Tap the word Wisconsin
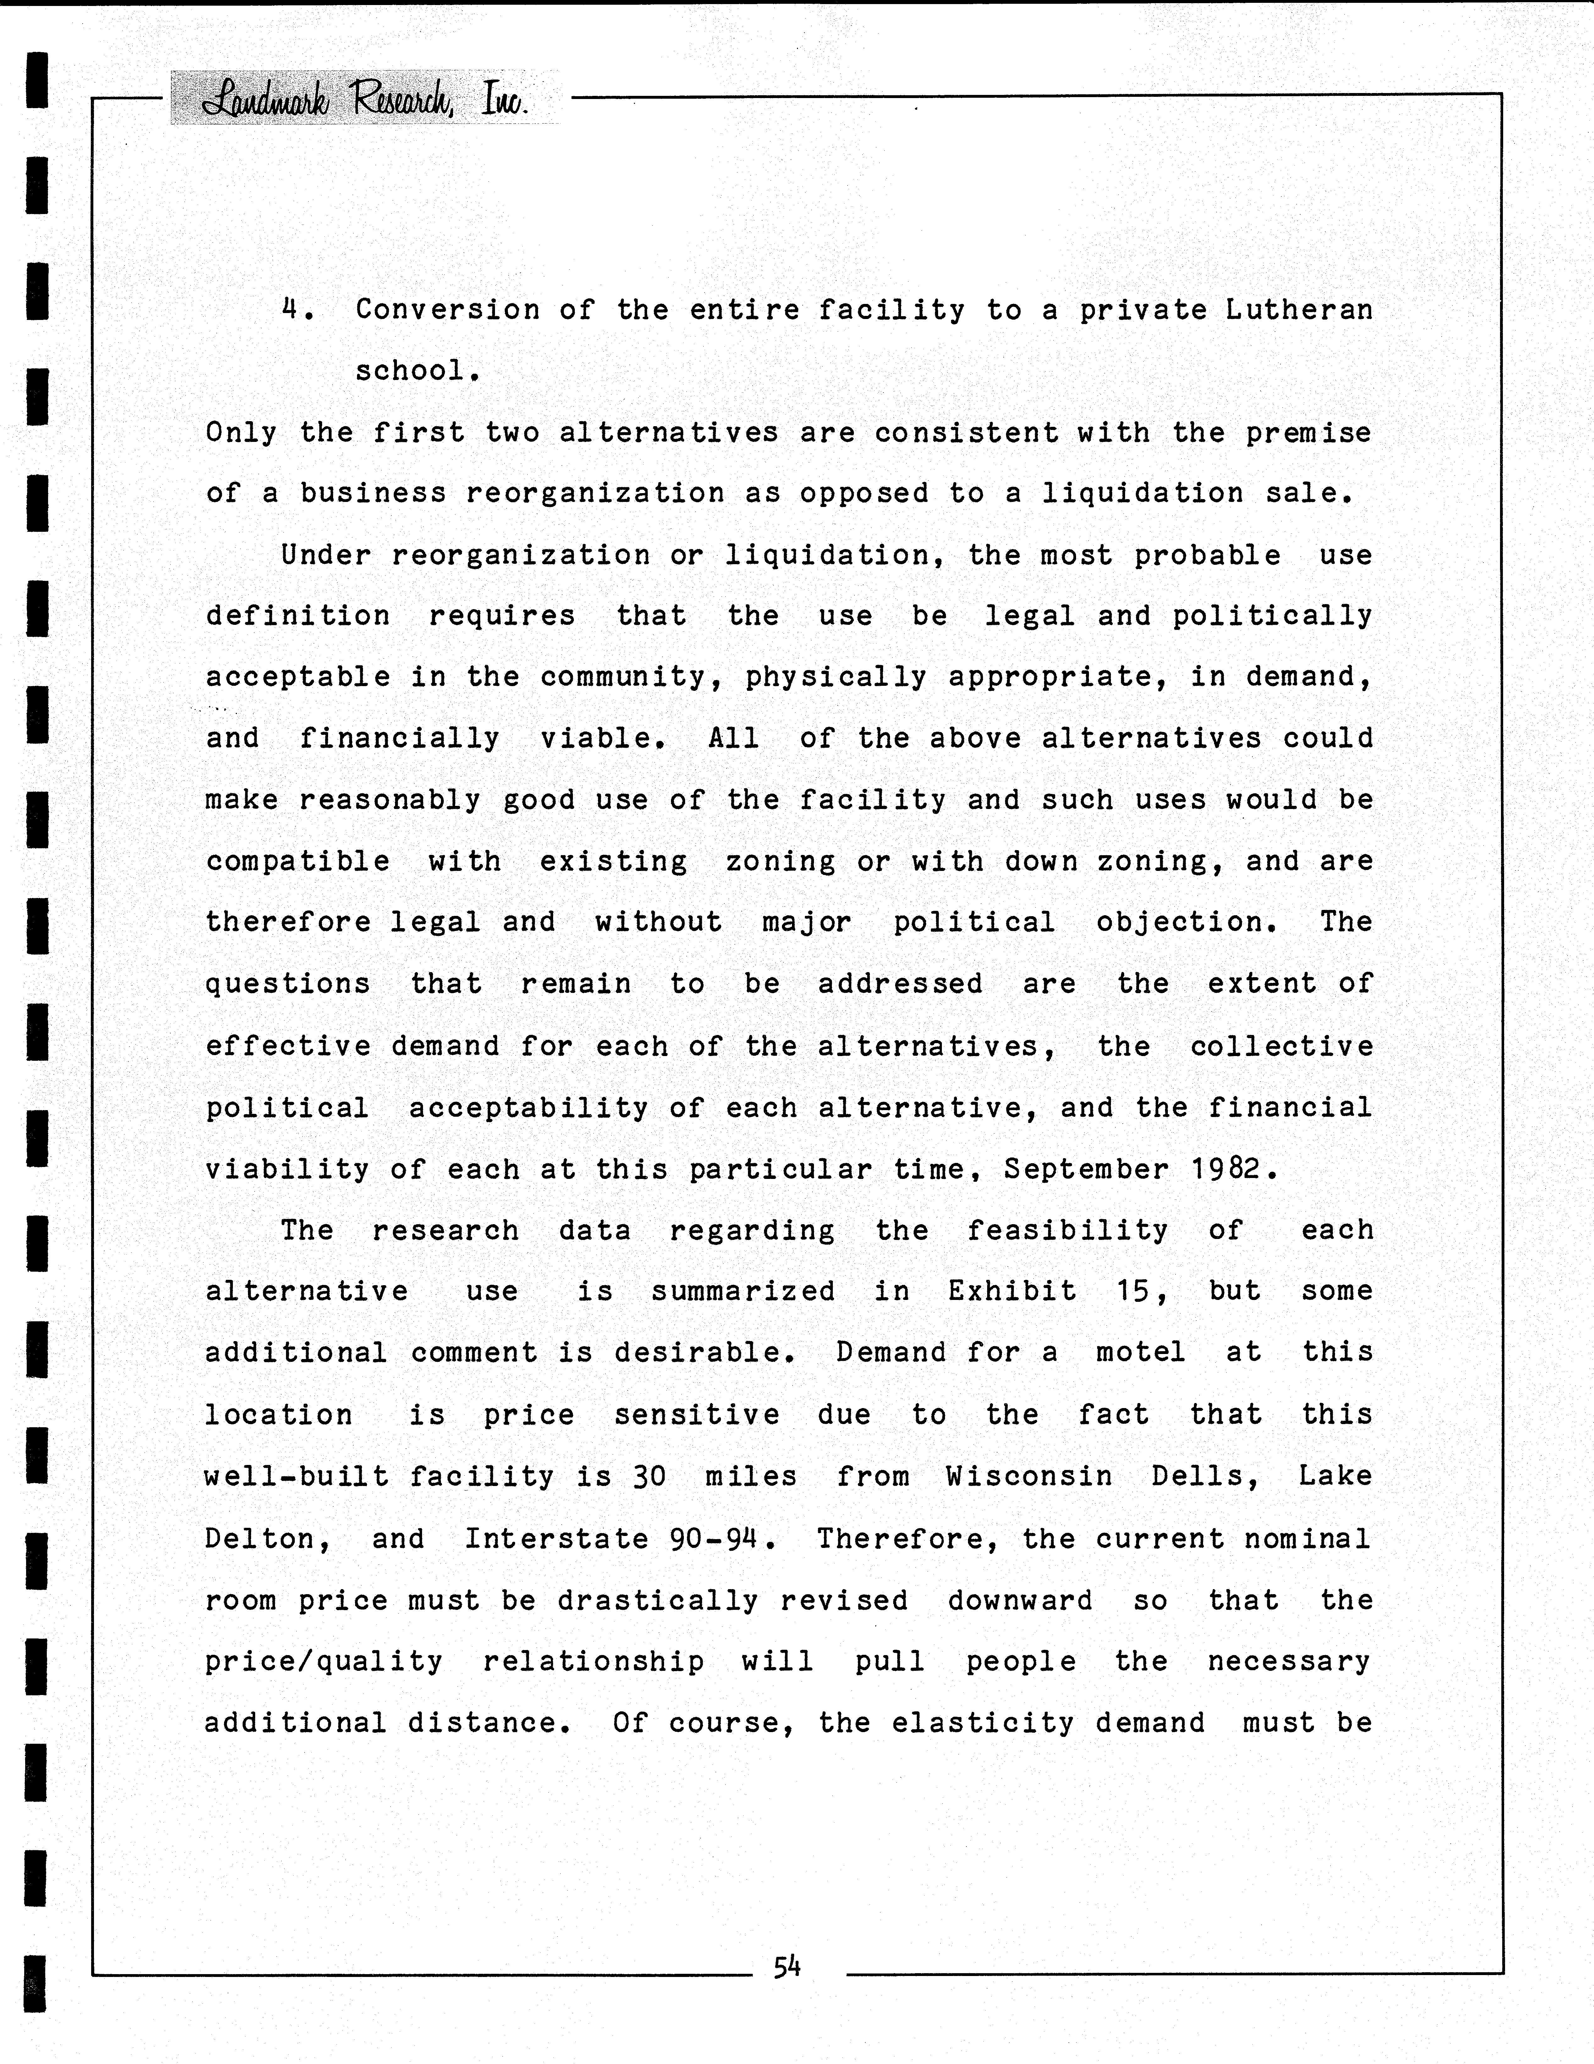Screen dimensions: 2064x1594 tap(1029, 1476)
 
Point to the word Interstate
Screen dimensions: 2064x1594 tap(557, 1538)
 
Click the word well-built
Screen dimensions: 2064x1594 tap(297, 1476)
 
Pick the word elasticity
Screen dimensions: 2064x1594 tap(983, 1723)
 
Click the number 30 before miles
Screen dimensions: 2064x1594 tap(649, 1476)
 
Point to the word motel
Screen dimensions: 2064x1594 tap(1141, 1352)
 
